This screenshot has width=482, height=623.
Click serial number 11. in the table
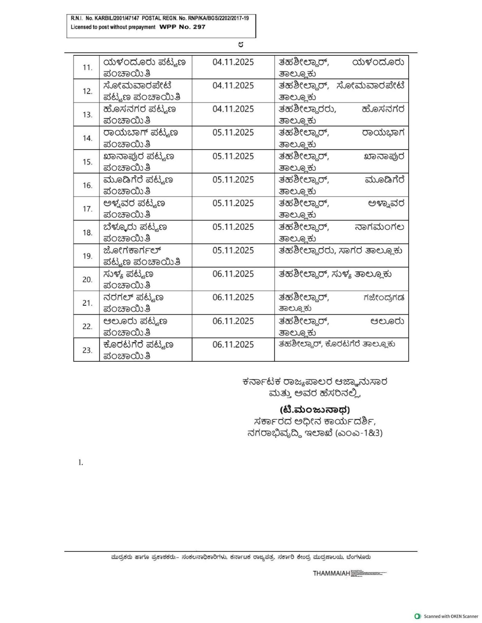click(87, 68)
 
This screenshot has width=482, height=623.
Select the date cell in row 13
click(233, 109)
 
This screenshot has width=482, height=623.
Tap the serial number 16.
click(87, 185)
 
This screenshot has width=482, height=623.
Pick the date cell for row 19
click(233, 250)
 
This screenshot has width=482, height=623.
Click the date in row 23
click(233, 345)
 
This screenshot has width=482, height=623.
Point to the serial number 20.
click(87, 280)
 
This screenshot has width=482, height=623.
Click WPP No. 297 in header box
click(182, 27)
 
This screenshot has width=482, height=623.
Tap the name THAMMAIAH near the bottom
click(331, 573)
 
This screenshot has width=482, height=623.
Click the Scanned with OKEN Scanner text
click(451, 616)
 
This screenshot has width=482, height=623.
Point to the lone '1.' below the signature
click(81, 463)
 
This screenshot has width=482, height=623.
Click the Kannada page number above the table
click(241, 45)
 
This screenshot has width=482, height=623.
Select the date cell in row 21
click(233, 298)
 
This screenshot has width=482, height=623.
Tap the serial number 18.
click(87, 232)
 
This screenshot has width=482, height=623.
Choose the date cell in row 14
click(233, 133)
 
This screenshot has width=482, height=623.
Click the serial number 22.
click(87, 326)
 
